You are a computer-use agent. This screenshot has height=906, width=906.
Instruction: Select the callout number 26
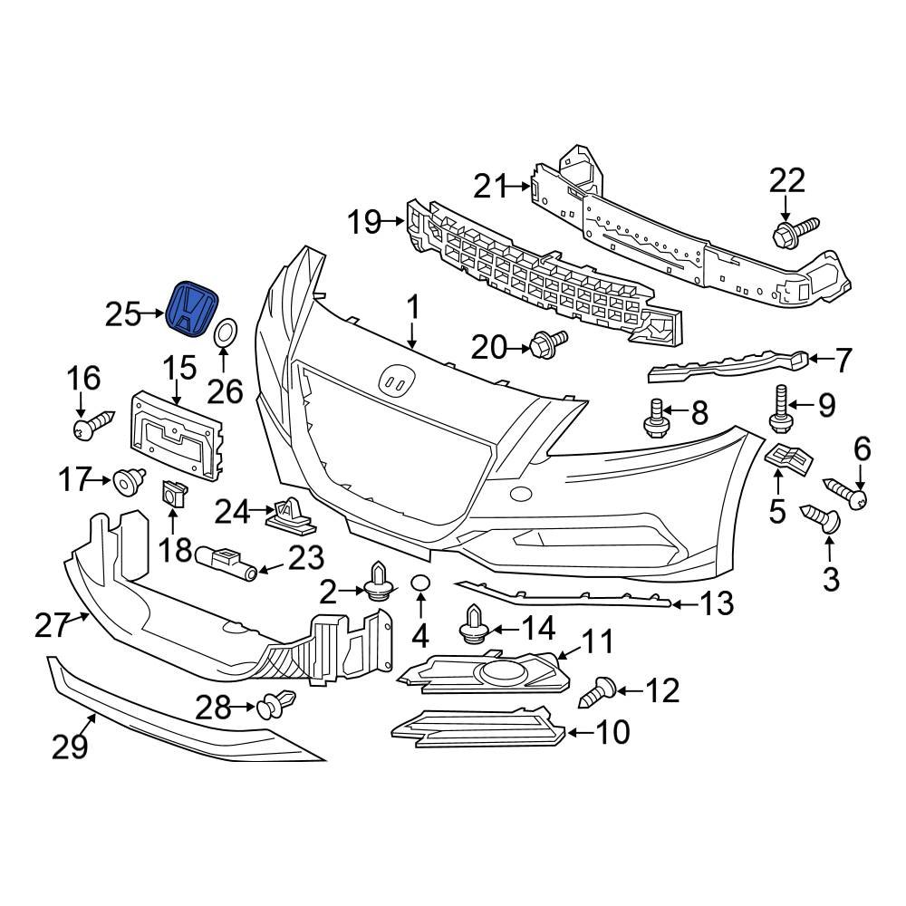pyautogui.click(x=226, y=390)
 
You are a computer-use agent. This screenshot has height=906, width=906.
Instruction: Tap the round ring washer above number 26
pyautogui.click(x=226, y=333)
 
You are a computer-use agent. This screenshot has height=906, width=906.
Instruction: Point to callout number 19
pyautogui.click(x=365, y=221)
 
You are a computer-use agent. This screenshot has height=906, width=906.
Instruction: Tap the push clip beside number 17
pyautogui.click(x=128, y=480)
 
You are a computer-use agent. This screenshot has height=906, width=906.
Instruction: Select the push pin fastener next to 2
pyautogui.click(x=379, y=584)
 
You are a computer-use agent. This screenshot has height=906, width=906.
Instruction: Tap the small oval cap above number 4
pyautogui.click(x=420, y=583)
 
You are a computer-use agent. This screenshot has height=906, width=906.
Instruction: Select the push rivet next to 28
pyautogui.click(x=275, y=704)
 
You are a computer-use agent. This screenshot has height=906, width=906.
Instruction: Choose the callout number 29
pyautogui.click(x=70, y=747)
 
